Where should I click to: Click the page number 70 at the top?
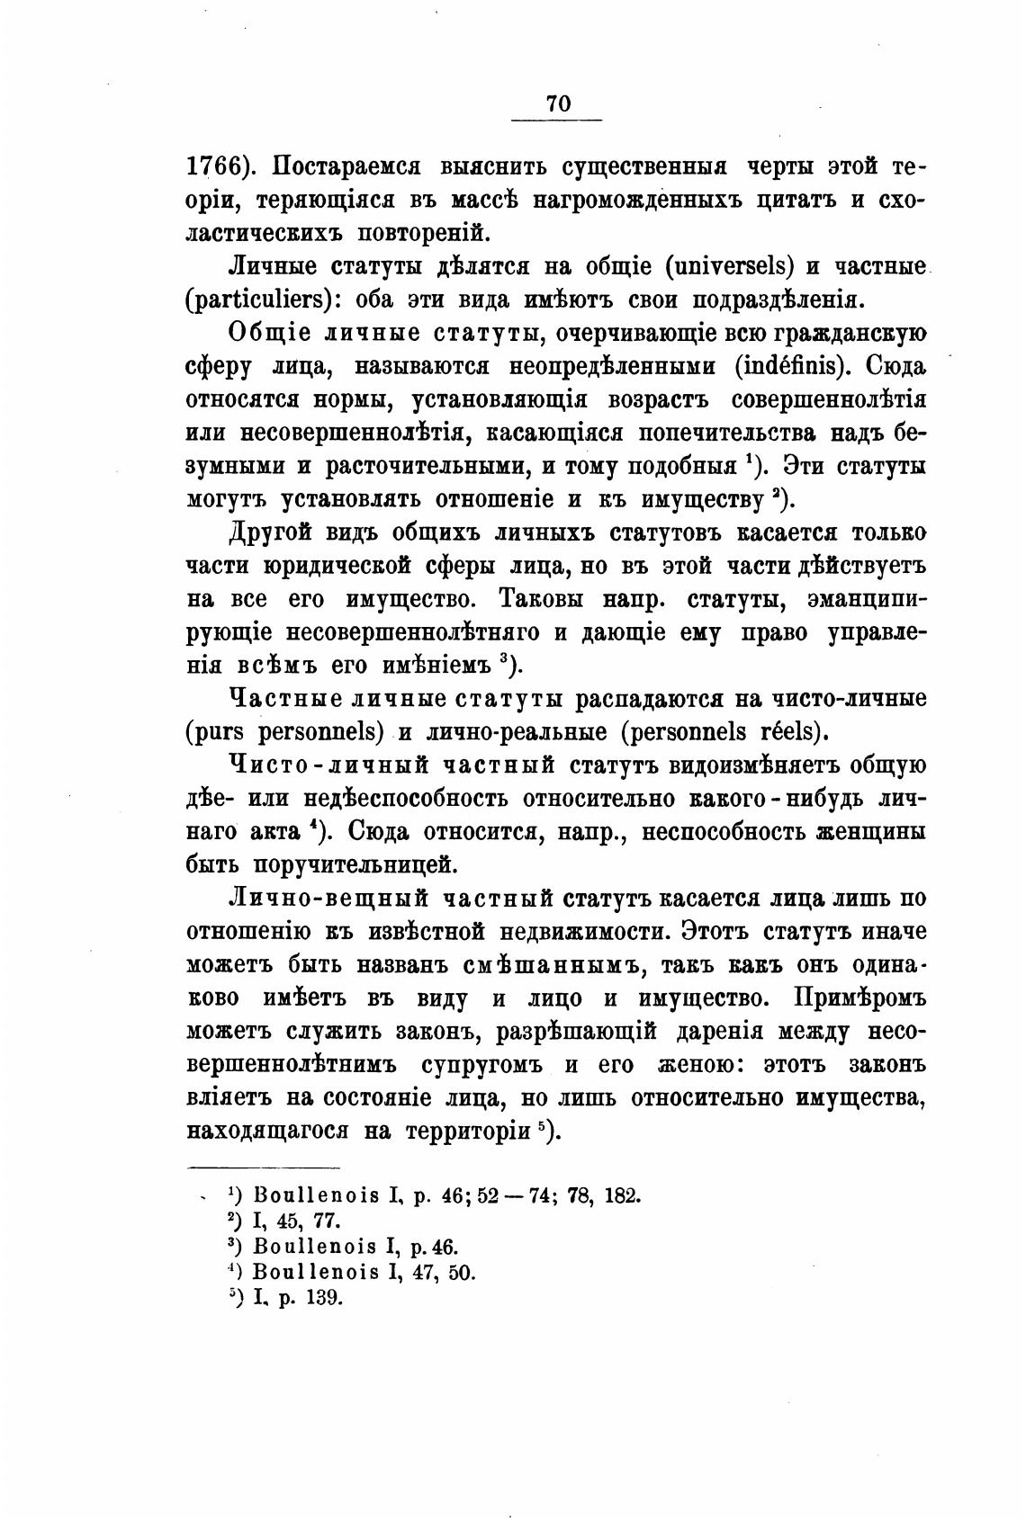tap(558, 104)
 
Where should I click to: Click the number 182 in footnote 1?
tap(623, 1196)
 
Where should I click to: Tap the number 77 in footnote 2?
tap(321, 1222)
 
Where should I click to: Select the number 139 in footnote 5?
tap(324, 1299)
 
